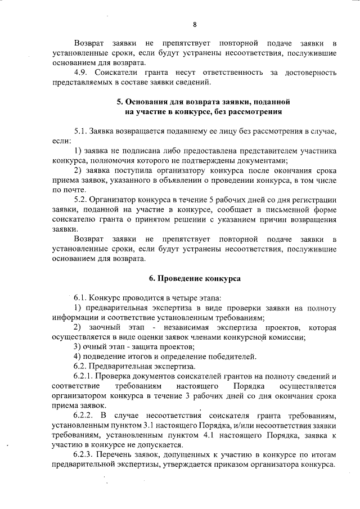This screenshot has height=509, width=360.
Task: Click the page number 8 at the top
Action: pos(195,25)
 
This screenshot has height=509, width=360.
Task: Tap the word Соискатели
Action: pos(118,73)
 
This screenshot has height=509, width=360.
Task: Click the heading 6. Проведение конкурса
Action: pos(195,278)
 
